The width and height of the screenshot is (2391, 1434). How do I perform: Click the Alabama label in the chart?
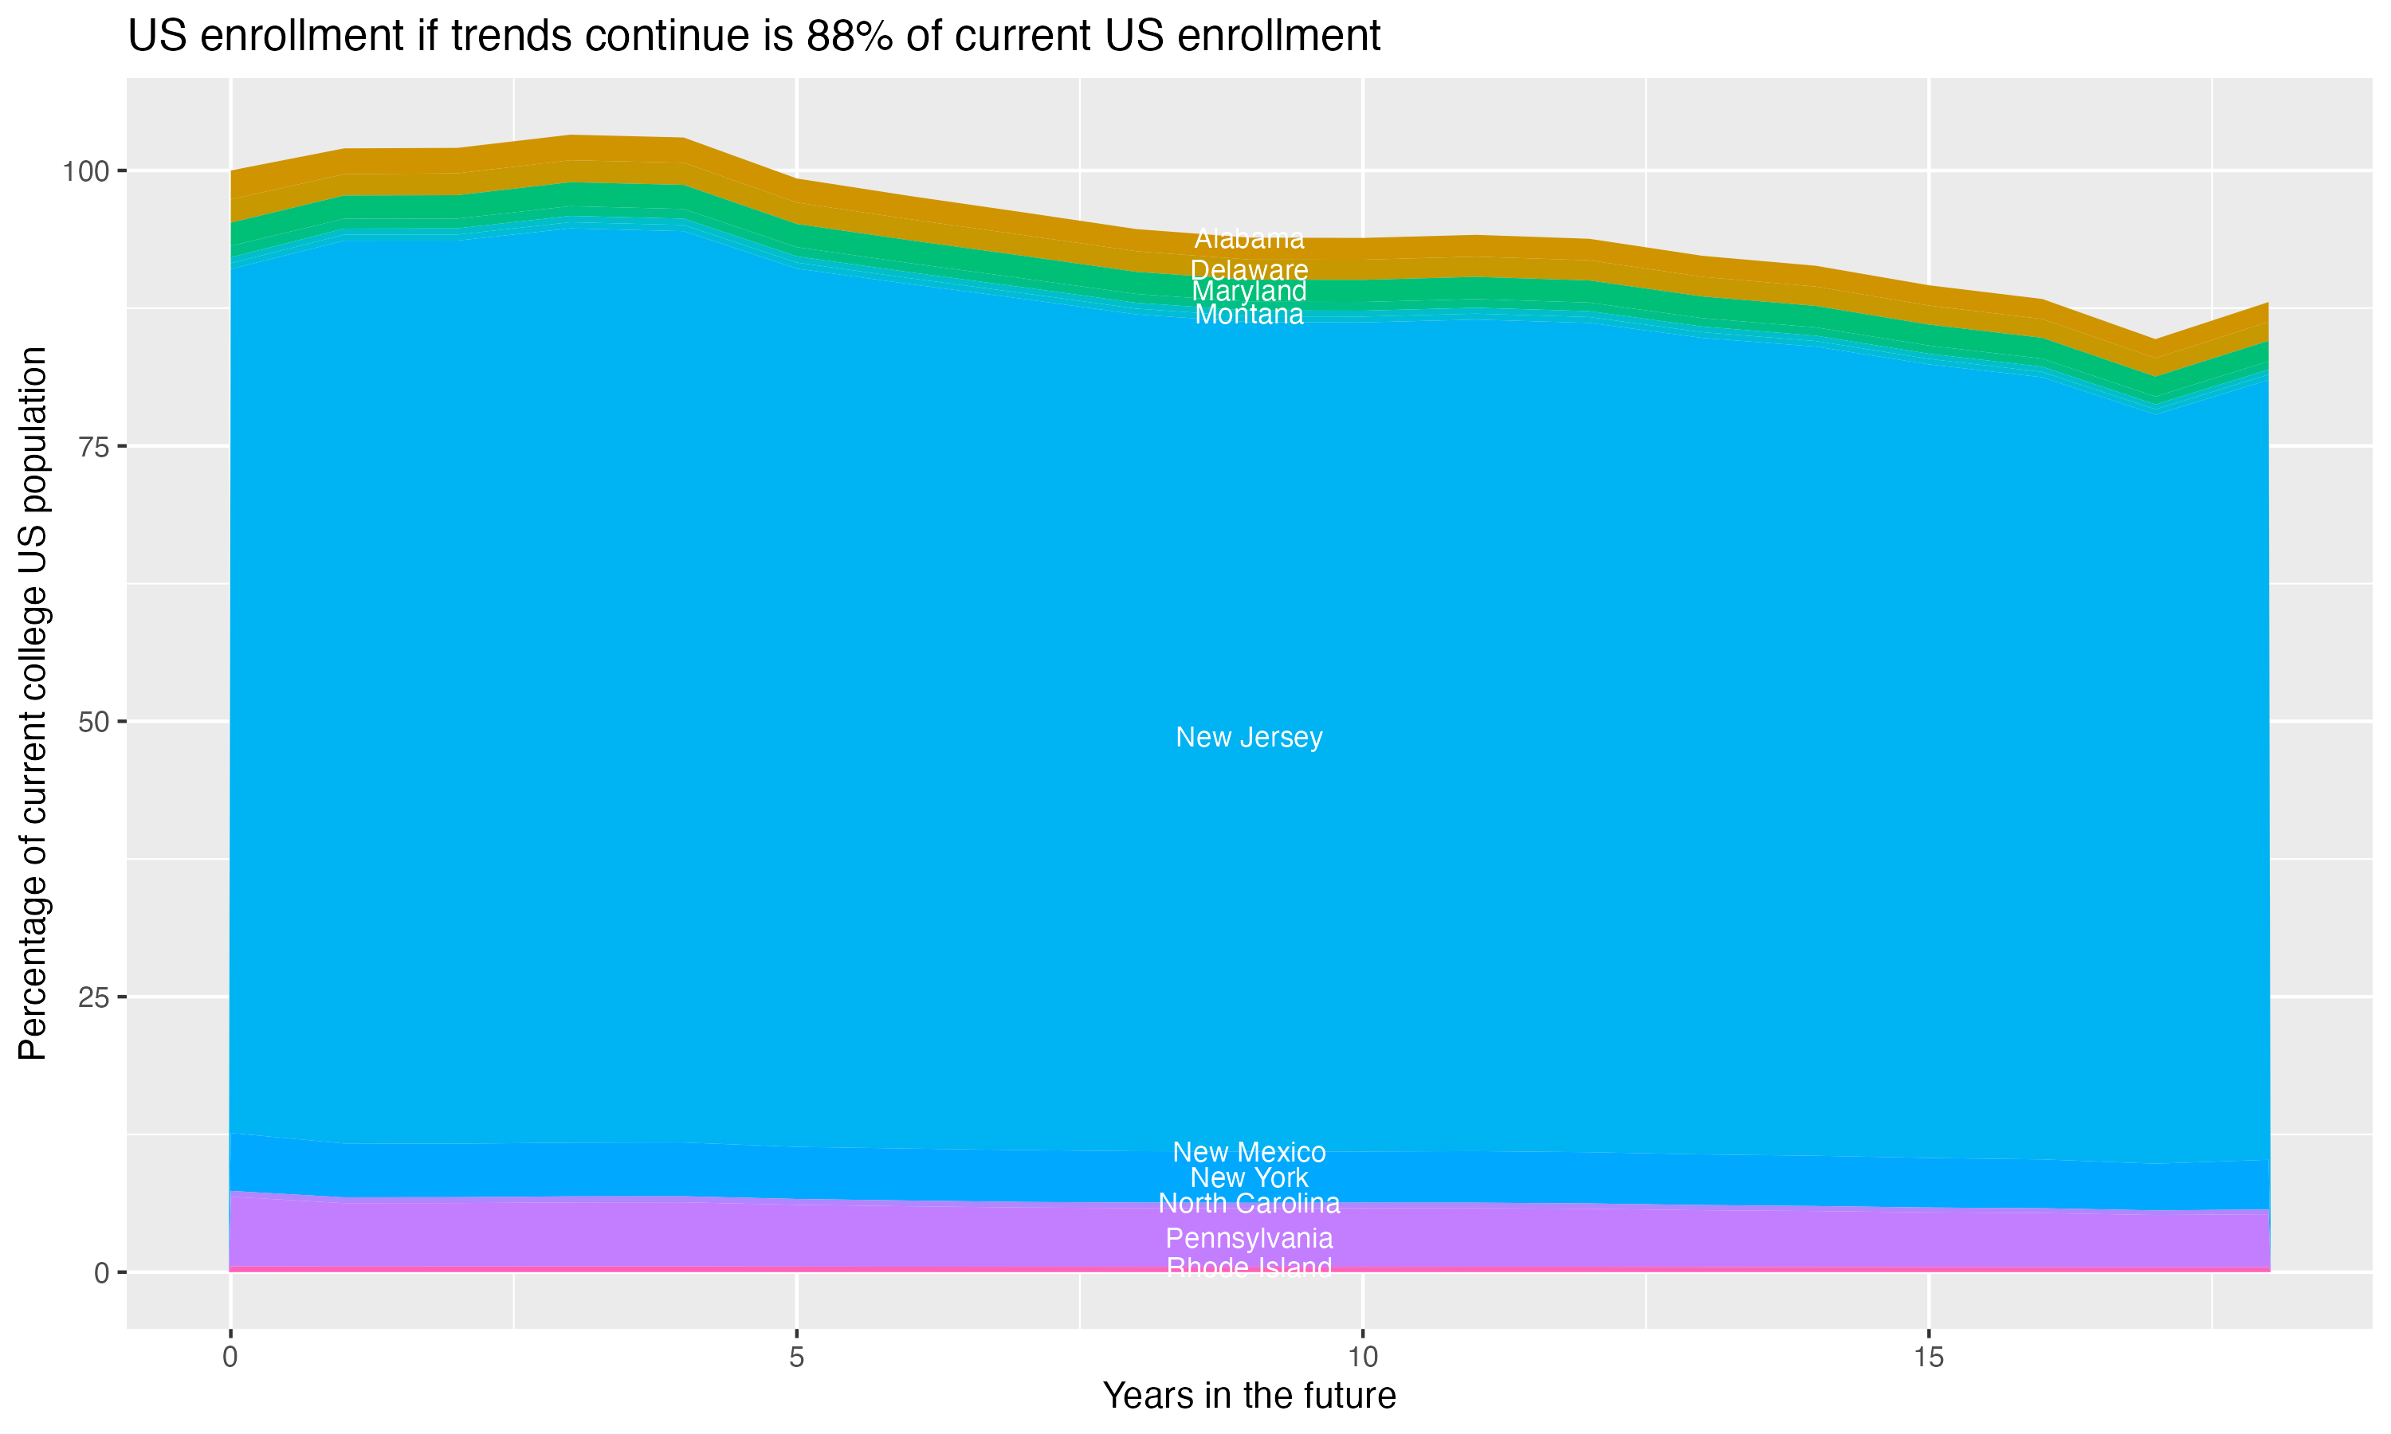(1249, 239)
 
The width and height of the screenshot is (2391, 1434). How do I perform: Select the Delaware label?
(1249, 269)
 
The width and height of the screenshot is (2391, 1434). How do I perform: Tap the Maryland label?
(1249, 291)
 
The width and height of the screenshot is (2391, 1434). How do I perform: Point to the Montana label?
(1249, 314)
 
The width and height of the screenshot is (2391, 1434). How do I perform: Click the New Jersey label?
(1249, 737)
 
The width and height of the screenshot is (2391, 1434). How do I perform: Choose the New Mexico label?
(1249, 1152)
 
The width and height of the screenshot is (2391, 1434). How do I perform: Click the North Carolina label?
(1249, 1203)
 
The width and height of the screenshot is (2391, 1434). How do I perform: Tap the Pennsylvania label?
(1249, 1238)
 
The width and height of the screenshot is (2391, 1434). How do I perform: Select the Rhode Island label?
(1249, 1267)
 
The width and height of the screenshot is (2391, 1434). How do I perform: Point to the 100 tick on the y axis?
(85, 172)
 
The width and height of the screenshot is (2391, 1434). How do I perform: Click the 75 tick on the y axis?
(92, 446)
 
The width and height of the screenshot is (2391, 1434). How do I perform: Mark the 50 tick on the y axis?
(92, 722)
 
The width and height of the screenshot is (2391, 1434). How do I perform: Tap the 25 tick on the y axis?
(92, 997)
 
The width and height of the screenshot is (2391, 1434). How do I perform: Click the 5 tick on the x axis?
(796, 1358)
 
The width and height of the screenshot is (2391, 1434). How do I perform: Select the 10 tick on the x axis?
(1362, 1358)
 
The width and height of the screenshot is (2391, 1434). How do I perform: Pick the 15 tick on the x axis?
(1928, 1358)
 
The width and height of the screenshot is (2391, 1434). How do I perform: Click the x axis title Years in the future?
(1249, 1395)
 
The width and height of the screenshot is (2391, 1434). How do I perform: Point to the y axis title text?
(33, 703)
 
